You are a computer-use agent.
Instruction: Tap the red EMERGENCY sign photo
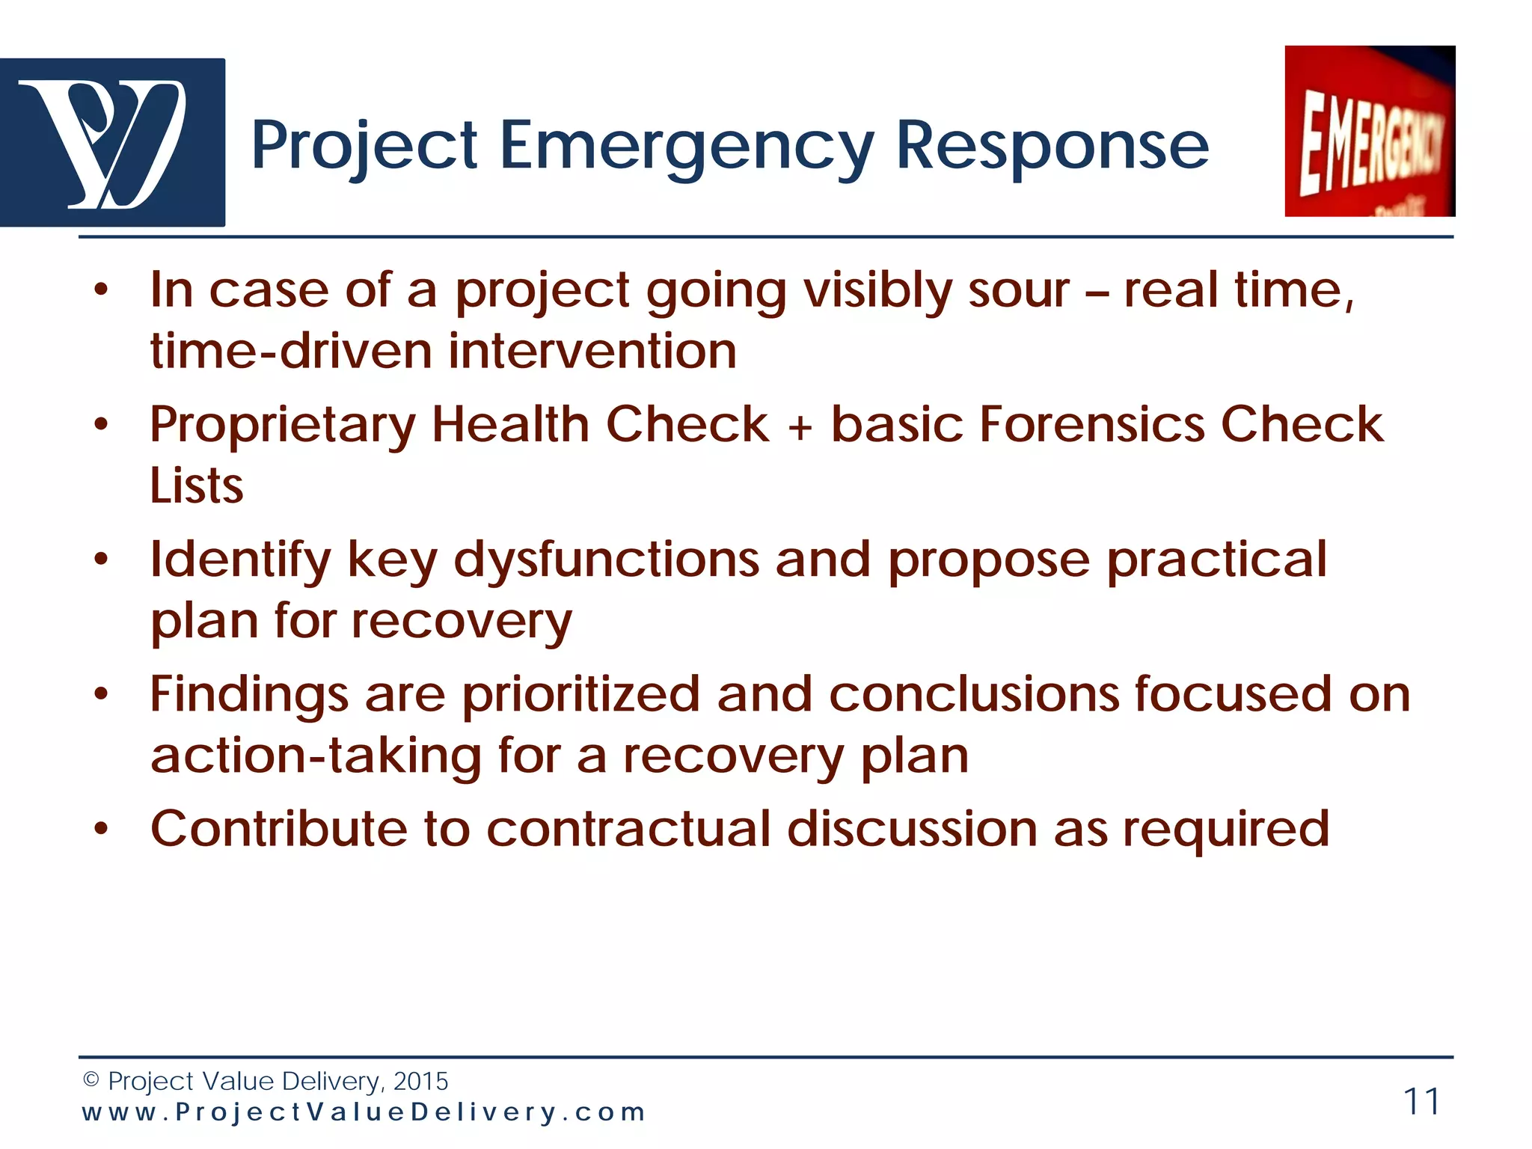[x=1370, y=132]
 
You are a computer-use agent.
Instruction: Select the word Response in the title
[x=1051, y=146]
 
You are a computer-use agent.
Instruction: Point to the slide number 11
[x=1421, y=1101]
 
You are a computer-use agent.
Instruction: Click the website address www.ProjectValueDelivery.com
[x=364, y=1112]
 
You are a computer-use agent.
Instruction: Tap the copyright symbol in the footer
[x=91, y=1080]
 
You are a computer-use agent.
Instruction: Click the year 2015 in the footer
[x=420, y=1081]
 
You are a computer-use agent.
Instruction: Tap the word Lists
[x=196, y=486]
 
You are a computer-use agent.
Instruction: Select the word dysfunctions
[x=606, y=561]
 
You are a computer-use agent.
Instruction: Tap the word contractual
[x=628, y=829]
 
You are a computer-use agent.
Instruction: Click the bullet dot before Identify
[x=102, y=559]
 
